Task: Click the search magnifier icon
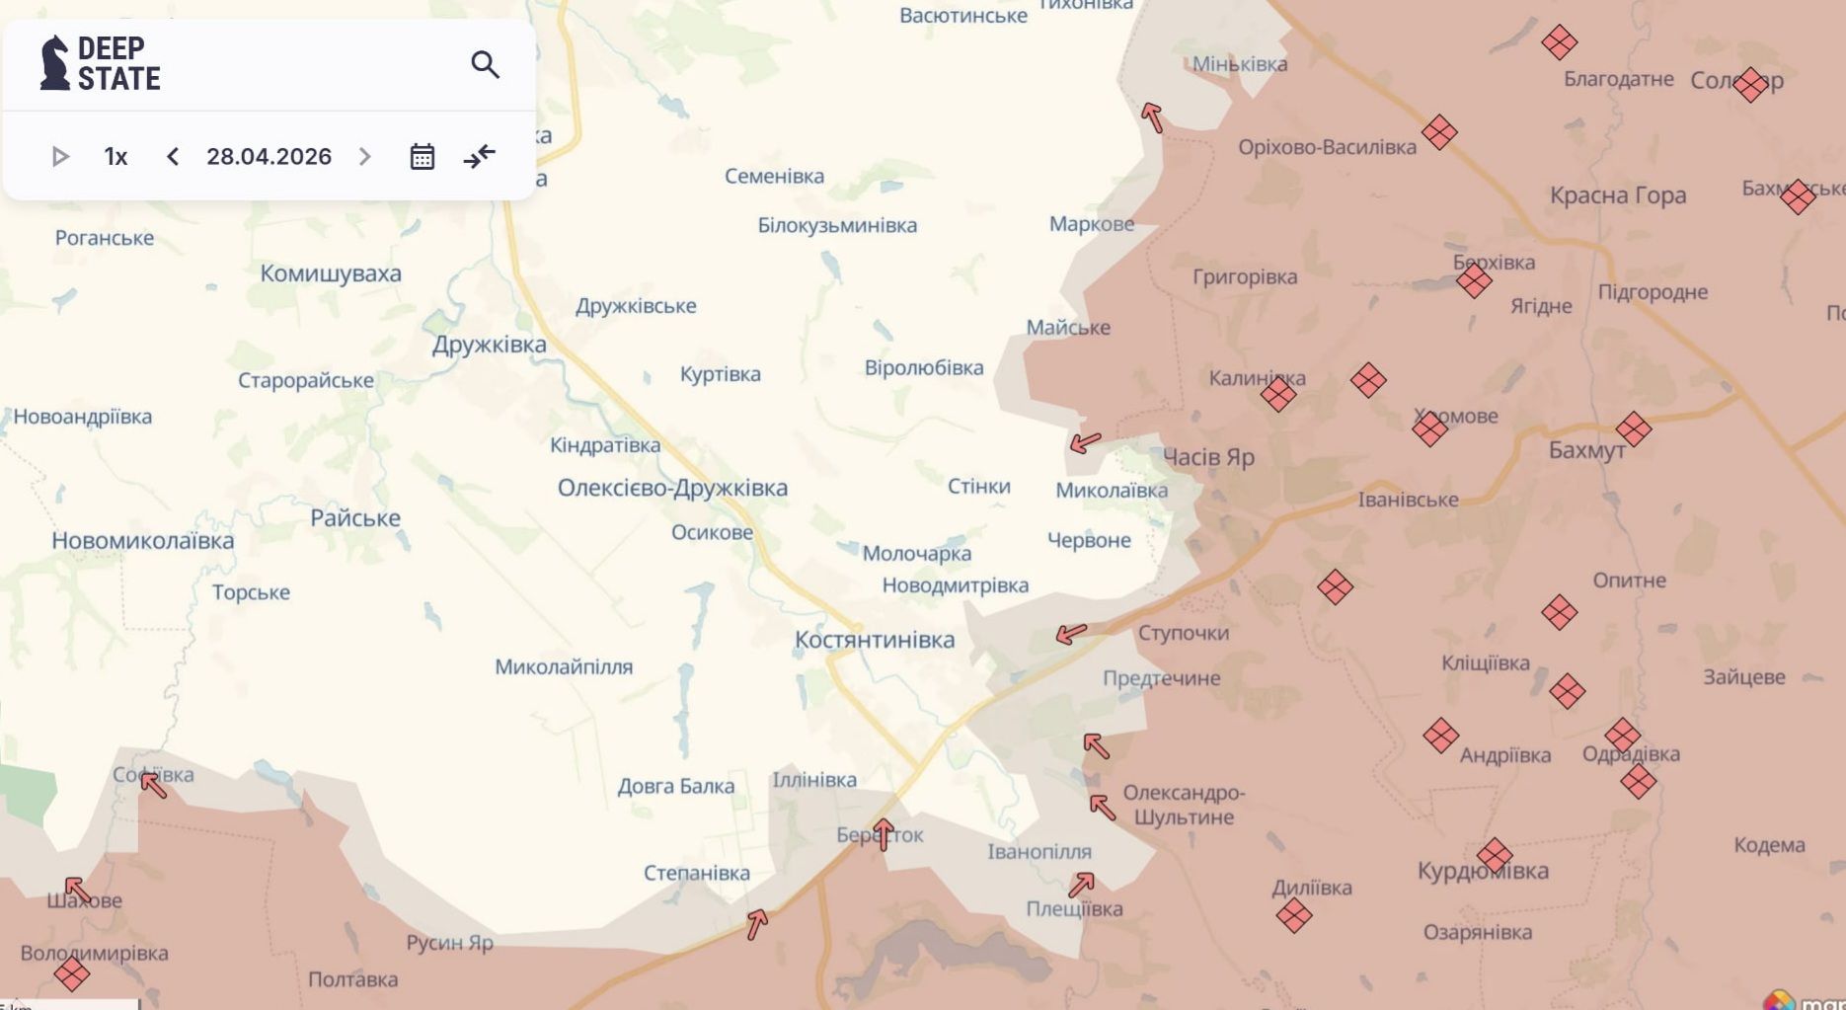point(485,65)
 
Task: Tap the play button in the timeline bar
point(60,157)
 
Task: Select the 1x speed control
point(115,157)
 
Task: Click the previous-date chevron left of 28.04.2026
point(173,157)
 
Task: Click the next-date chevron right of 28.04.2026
point(364,157)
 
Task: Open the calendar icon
point(422,157)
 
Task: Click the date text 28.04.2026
point(269,157)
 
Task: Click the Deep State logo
point(100,64)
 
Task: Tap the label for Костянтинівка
point(875,640)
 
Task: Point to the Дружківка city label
point(489,345)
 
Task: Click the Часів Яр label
point(1208,457)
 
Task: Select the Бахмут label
point(1586,451)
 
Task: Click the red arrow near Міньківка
point(1152,117)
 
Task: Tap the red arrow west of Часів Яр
point(1085,442)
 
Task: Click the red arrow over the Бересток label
point(884,834)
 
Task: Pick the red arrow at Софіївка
point(153,785)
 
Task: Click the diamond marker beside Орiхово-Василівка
point(1439,132)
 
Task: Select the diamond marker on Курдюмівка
point(1495,856)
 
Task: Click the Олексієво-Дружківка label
point(672,488)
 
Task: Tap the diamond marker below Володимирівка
point(71,974)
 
